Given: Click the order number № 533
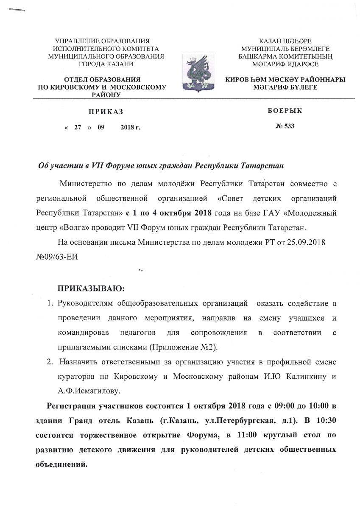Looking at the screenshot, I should pos(285,126).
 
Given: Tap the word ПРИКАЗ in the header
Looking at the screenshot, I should pos(106,112).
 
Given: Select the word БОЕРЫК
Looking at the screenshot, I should pos(285,111).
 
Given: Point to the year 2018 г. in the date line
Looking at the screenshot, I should pos(130,127).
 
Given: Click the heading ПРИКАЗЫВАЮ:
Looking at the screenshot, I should pos(91,289).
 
